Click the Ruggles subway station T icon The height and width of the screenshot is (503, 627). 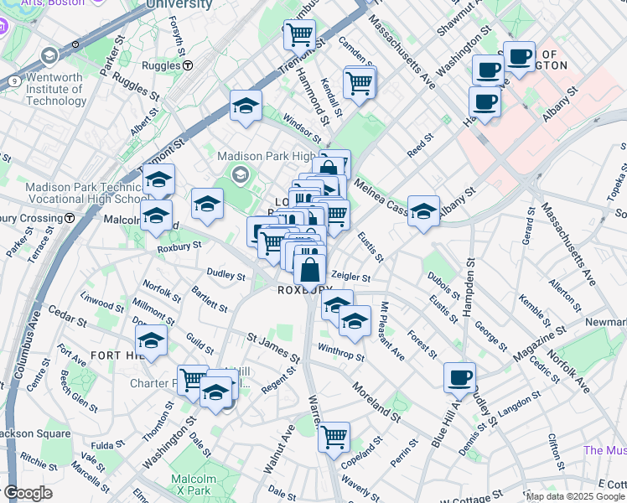(x=189, y=65)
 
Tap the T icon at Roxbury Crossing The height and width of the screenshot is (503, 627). (x=70, y=218)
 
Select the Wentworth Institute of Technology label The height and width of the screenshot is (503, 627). (x=55, y=90)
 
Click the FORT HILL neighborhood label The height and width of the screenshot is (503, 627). (x=103, y=355)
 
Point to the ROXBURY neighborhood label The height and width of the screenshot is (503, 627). (x=305, y=289)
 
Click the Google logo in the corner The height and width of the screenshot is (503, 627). (x=27, y=494)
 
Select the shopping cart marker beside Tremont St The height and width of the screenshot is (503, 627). (x=298, y=34)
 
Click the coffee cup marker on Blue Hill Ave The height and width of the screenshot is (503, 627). (x=459, y=377)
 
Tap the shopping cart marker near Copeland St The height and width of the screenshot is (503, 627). (x=334, y=435)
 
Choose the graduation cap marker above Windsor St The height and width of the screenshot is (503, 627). (x=246, y=106)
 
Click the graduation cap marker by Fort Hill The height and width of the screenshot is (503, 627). (x=151, y=340)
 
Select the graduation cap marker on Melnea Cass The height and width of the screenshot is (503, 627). (x=423, y=210)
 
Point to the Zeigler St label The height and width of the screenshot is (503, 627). (x=351, y=276)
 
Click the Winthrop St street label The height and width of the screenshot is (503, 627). (x=341, y=355)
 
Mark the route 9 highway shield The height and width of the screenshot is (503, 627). (x=15, y=81)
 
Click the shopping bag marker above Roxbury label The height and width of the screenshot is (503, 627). (x=309, y=269)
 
